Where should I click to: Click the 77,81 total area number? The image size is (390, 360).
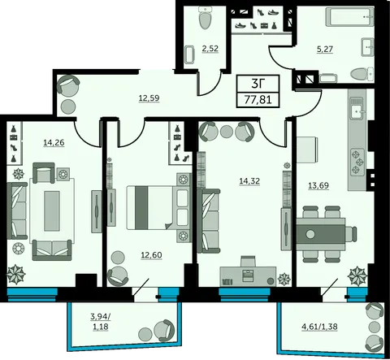[258, 100]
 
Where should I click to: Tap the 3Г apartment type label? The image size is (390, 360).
[258, 84]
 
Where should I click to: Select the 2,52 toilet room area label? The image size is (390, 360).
[210, 49]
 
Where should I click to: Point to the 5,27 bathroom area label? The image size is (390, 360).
[325, 50]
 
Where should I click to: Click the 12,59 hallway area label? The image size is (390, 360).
[149, 98]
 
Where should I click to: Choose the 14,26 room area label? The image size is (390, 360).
[54, 142]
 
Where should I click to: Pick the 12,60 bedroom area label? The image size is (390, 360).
[151, 255]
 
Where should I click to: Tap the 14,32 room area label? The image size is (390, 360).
[249, 180]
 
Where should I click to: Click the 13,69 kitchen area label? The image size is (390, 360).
[318, 185]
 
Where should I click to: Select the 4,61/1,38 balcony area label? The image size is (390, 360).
[319, 327]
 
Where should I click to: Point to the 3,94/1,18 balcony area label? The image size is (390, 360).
[101, 322]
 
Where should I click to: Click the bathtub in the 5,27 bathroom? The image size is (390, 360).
[350, 17]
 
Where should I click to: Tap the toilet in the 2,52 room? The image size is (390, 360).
[205, 18]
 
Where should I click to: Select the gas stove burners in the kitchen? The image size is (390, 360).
[357, 162]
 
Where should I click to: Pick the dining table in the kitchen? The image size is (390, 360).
[321, 234]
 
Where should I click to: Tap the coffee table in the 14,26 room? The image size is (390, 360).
[52, 210]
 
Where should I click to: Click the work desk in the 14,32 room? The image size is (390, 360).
[248, 276]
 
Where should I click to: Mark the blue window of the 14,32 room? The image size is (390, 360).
[245, 294]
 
